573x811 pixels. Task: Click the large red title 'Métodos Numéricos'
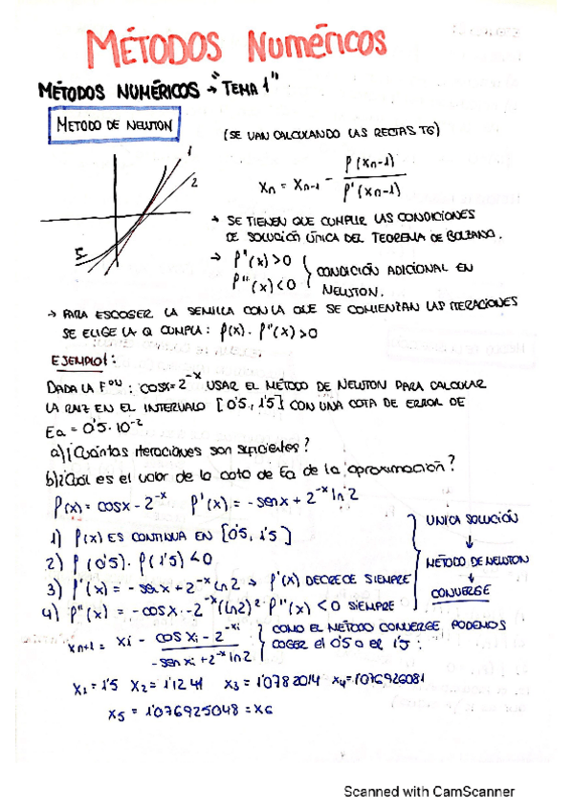pos(238,45)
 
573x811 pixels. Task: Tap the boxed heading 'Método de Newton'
pos(114,124)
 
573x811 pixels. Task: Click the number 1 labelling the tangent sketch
pos(190,150)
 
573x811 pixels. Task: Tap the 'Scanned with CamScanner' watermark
pos(430,791)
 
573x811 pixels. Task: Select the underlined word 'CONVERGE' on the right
pos(461,592)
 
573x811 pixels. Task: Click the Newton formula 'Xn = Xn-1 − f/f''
pos(316,180)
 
